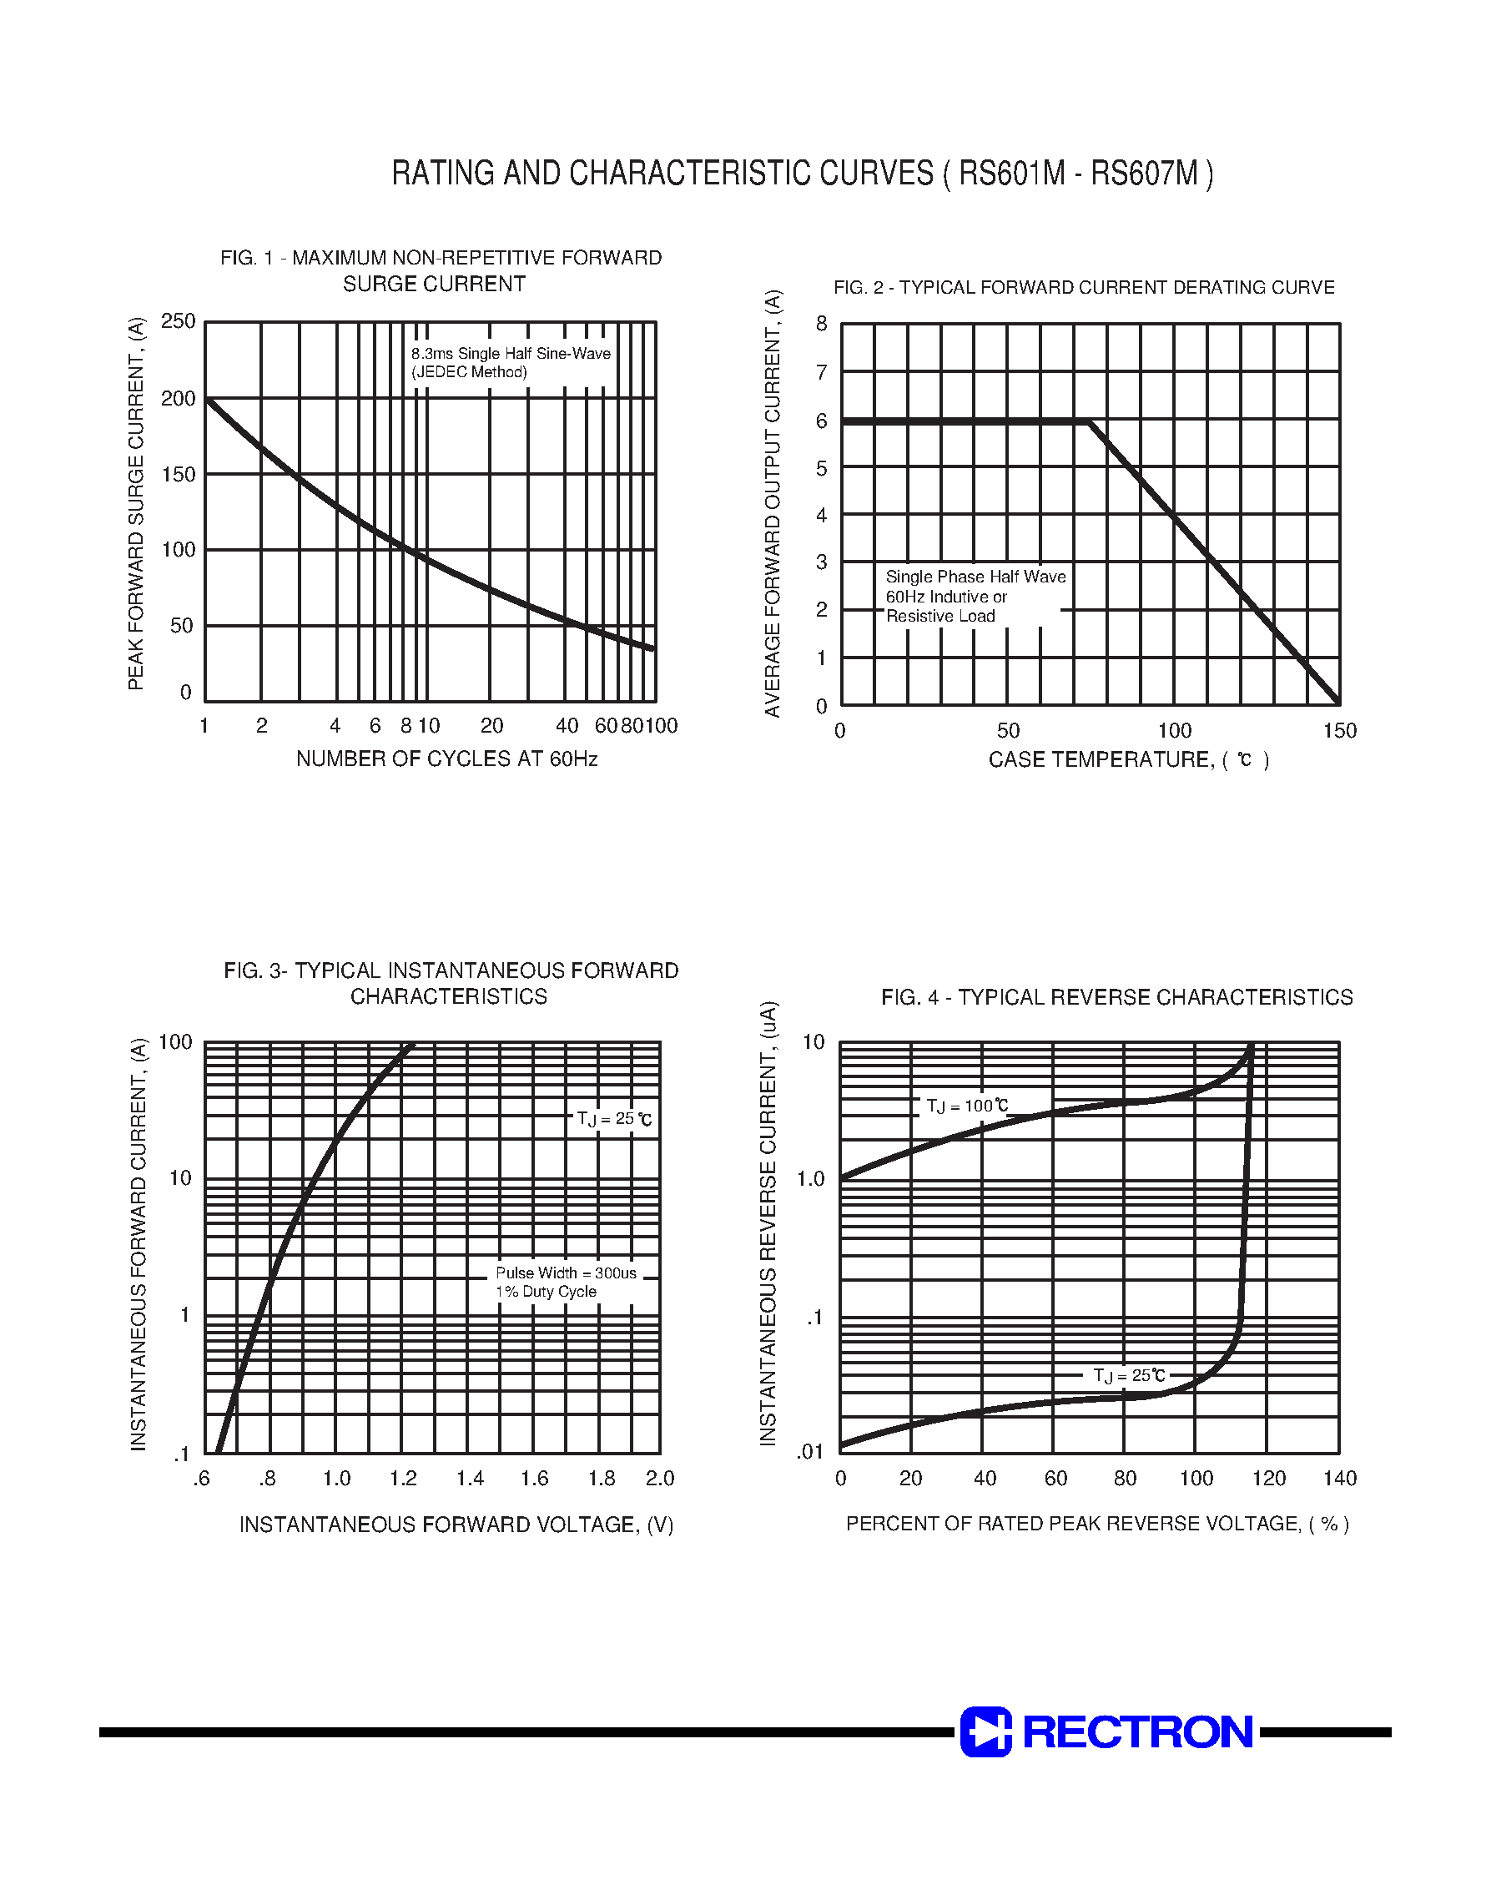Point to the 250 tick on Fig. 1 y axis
(x=179, y=321)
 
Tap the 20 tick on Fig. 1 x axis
(x=491, y=726)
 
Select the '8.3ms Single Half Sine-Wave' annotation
(x=511, y=353)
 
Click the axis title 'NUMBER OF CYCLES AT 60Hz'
(x=446, y=759)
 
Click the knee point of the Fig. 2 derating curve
(x=1091, y=422)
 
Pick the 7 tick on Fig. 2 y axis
(x=821, y=372)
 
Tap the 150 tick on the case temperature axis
(x=1339, y=731)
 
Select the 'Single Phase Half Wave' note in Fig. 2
(x=975, y=577)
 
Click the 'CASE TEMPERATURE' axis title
(x=1101, y=759)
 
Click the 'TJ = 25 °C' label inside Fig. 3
(x=613, y=1119)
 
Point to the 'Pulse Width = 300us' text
(x=566, y=1273)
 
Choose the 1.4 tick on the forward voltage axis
(x=470, y=1478)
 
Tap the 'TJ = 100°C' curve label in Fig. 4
(x=966, y=1106)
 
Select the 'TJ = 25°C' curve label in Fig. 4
(x=1128, y=1375)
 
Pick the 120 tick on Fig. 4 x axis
(x=1268, y=1478)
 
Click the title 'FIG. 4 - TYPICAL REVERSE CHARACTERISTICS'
(x=1116, y=997)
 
